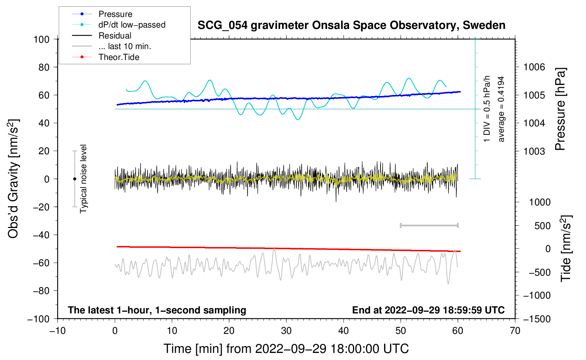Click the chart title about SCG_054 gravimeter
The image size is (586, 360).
pyautogui.click(x=351, y=25)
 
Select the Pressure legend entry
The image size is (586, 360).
pyautogui.click(x=115, y=14)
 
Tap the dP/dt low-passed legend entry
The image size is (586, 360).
pyautogui.click(x=132, y=25)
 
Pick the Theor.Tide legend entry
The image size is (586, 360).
pyautogui.click(x=119, y=57)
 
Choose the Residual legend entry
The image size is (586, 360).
pyautogui.click(x=115, y=36)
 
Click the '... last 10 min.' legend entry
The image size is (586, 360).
pyautogui.click(x=125, y=46)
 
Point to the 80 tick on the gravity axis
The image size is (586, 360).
pyautogui.click(x=44, y=67)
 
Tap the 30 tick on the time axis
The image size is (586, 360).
pyautogui.click(x=286, y=331)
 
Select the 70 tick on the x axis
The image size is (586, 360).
pyautogui.click(x=515, y=331)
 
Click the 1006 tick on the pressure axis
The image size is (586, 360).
pyautogui.click(x=534, y=67)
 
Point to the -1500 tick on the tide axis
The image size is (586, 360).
pyautogui.click(x=537, y=319)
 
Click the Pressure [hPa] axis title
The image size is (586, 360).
pyautogui.click(x=560, y=109)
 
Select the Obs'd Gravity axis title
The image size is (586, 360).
pyautogui.click(x=13, y=179)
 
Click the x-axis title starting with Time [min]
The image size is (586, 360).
pyautogui.click(x=286, y=349)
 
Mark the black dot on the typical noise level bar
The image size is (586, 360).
pyautogui.click(x=74, y=179)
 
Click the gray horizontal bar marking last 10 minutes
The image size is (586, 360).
pyautogui.click(x=429, y=226)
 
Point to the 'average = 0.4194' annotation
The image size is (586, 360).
pyautogui.click(x=501, y=109)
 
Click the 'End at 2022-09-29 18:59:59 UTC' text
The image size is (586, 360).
pyautogui.click(x=428, y=310)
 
